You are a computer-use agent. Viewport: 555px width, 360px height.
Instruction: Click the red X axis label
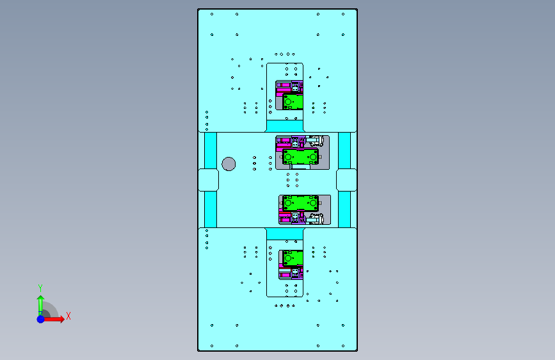coord(68,316)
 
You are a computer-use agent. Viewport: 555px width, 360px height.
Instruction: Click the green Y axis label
coord(40,288)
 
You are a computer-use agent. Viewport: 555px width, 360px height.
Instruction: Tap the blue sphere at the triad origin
coord(41,319)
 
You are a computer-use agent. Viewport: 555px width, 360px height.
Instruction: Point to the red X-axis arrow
coord(53,319)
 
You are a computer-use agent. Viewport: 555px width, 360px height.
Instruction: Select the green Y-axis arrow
coord(40,306)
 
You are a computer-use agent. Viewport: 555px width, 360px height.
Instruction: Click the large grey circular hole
coord(229,164)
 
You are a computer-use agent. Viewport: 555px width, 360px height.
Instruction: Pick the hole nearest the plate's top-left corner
coord(212,14)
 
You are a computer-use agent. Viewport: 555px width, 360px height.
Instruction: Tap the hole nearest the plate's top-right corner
coord(343,14)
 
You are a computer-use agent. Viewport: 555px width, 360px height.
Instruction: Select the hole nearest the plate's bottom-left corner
coord(212,346)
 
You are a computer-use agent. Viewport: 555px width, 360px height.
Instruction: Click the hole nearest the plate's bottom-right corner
coord(343,346)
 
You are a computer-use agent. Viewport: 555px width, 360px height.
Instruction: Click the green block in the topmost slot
coord(293,102)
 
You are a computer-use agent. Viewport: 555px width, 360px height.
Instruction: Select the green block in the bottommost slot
coord(293,258)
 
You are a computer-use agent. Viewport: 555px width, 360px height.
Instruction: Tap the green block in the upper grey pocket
coord(300,156)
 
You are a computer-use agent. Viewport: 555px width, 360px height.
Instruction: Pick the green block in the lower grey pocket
coord(300,203)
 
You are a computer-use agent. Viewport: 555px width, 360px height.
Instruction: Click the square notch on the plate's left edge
coord(209,180)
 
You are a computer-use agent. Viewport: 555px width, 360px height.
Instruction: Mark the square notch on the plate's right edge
coord(346,180)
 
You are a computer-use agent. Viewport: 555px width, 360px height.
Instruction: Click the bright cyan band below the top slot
coord(285,126)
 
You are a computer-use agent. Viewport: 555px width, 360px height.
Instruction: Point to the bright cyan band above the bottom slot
coord(285,234)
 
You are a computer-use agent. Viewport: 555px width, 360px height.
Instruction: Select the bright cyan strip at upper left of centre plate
coord(211,151)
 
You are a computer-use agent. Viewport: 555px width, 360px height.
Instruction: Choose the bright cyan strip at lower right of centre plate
coord(344,209)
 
